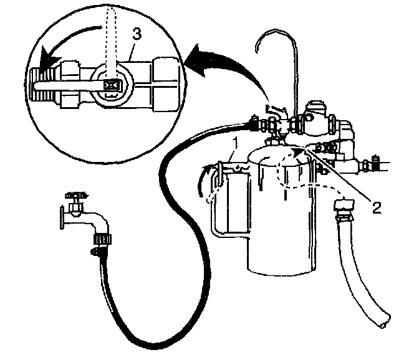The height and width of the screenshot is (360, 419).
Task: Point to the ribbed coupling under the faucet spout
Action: point(100,238)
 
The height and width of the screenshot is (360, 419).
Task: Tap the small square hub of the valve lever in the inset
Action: point(113,85)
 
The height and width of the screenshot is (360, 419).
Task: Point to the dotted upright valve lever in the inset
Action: point(112,37)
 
